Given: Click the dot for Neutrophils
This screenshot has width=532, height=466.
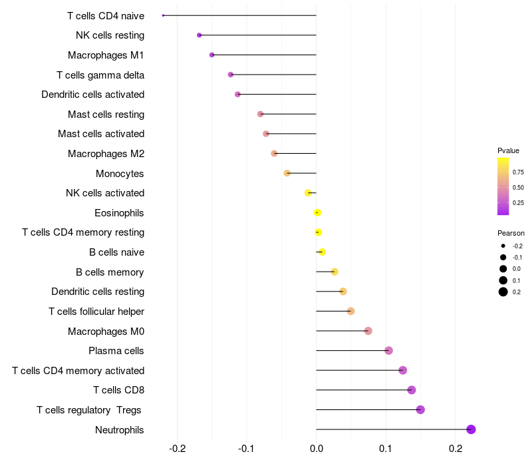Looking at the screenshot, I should click(x=471, y=429).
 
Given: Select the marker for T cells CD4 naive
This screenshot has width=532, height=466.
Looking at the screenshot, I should click(x=164, y=15).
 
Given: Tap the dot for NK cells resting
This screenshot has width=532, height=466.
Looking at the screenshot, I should click(x=199, y=35).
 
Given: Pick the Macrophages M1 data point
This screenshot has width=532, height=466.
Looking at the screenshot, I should click(x=212, y=55).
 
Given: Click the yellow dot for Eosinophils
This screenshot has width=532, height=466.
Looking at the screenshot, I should click(x=318, y=212).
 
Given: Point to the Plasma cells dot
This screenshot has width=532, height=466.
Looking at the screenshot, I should click(x=389, y=351).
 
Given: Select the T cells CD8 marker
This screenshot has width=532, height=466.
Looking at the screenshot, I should click(x=412, y=390).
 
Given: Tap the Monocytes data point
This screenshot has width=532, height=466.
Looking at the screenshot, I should click(x=287, y=173).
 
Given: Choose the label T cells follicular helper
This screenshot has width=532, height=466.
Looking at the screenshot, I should click(x=96, y=312).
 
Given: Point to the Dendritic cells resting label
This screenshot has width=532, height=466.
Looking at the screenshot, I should click(x=98, y=292).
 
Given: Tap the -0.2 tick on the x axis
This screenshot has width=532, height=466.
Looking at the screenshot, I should click(x=178, y=449).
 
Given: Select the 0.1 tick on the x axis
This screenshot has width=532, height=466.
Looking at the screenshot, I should click(x=386, y=449).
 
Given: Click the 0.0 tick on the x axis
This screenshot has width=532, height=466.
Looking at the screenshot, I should click(x=316, y=449).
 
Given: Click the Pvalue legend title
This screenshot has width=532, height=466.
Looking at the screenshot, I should click(x=508, y=150).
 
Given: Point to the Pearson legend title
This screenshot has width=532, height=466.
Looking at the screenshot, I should click(x=511, y=233).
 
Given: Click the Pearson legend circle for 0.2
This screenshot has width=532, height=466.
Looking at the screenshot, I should click(x=503, y=292).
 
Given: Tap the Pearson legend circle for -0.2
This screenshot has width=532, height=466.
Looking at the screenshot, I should click(x=503, y=246).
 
